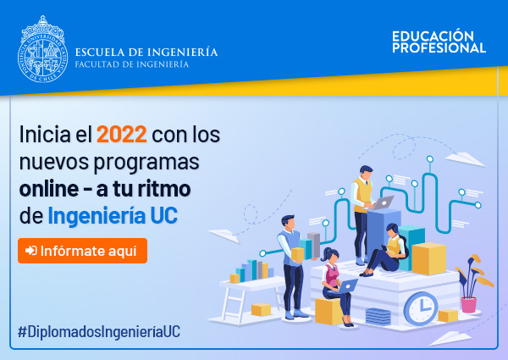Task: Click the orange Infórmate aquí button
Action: point(83,251)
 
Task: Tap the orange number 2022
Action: point(122,134)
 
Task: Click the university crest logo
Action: point(43,49)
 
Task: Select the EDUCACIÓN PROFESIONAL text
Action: point(439,42)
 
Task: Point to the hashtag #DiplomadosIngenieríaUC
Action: point(99,331)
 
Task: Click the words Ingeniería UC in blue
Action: point(113,215)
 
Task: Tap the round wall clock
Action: point(421,308)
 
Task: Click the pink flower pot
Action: point(469,305)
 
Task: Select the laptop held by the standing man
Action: point(384,202)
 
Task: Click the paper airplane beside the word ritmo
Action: point(224,235)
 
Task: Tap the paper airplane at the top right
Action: point(465,159)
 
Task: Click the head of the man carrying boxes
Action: point(288,222)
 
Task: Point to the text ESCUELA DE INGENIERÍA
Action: point(146,52)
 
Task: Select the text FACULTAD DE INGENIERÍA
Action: point(132,64)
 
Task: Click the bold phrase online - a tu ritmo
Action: point(105,189)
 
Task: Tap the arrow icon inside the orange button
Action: point(31,251)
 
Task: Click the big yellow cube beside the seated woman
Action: point(428,258)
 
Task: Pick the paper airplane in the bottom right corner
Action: point(450,338)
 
